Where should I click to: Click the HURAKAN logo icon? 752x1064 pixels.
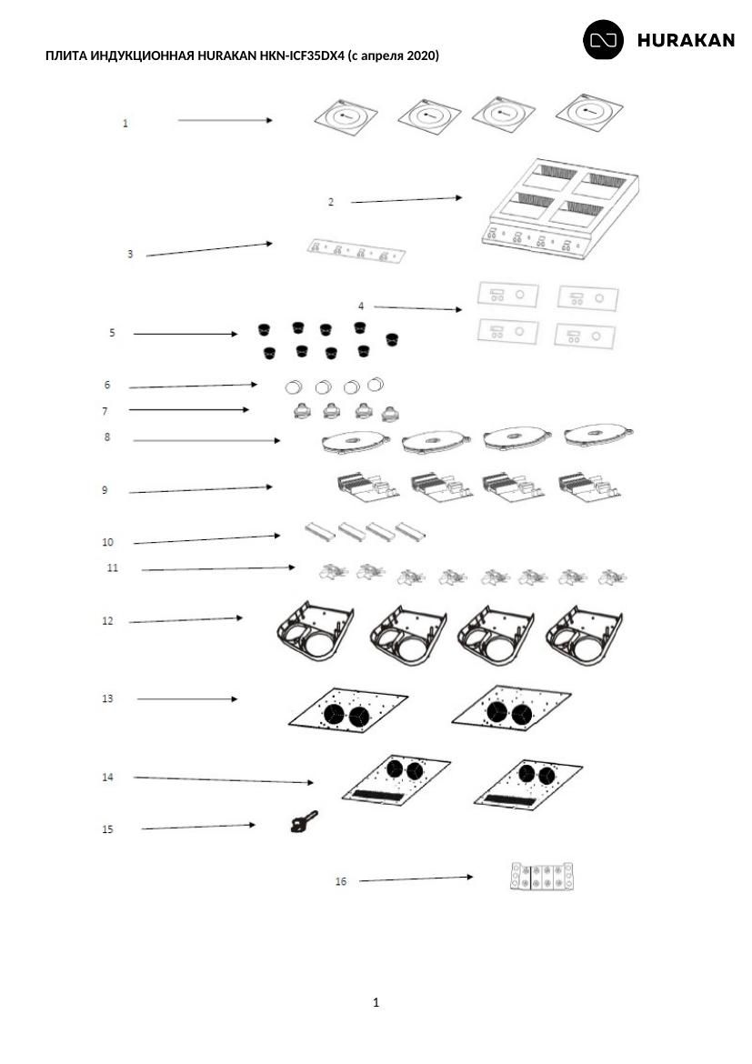tap(604, 39)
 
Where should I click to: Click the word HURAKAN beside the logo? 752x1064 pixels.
tap(686, 41)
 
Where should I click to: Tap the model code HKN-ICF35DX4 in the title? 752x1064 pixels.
tap(301, 55)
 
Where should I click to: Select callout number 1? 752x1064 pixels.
tap(125, 124)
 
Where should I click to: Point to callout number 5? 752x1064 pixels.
tap(112, 333)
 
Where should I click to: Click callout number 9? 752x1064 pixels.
tap(105, 490)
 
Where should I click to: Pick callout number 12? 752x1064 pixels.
tap(107, 621)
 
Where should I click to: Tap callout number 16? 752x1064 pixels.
tap(341, 881)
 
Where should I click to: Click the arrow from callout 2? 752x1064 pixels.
tap(406, 200)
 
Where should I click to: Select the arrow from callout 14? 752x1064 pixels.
tap(224, 780)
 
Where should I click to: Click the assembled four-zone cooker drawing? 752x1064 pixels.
tap(561, 206)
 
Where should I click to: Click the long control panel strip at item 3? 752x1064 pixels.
tap(356, 251)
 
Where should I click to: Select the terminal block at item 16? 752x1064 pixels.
tap(542, 876)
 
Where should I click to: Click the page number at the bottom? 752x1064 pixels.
tap(376, 1002)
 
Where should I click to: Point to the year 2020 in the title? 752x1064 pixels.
tap(421, 55)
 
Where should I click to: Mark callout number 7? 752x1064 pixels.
tap(105, 411)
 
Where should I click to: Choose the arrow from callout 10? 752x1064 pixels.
tap(206, 539)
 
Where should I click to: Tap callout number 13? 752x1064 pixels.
tap(107, 698)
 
